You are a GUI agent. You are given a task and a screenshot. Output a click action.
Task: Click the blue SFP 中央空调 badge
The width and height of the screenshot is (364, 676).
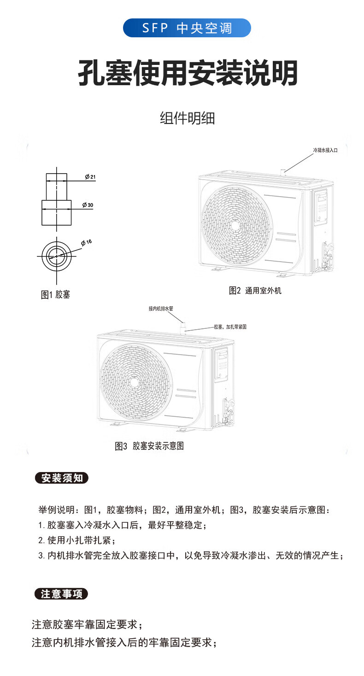(x=187, y=28)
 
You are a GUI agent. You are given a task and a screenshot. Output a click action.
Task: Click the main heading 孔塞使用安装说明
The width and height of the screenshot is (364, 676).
(x=187, y=73)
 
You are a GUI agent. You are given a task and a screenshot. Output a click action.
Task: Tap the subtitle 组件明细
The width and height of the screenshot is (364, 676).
(x=187, y=118)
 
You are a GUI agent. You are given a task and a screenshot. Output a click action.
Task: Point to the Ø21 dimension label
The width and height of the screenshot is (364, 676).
(x=90, y=177)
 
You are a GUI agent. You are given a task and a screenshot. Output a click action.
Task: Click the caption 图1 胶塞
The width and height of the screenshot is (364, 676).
(x=56, y=295)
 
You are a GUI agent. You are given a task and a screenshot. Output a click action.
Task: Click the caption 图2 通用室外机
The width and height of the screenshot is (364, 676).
(x=255, y=291)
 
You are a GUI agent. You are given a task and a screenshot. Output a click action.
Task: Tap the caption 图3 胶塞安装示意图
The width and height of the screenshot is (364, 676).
(x=149, y=446)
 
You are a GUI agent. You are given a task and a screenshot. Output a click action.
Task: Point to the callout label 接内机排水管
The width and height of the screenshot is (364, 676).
(x=160, y=309)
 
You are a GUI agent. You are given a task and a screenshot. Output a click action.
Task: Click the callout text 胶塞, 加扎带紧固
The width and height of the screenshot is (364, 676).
(x=230, y=326)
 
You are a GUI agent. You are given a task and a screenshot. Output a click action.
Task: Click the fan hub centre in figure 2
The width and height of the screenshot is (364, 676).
(x=235, y=225)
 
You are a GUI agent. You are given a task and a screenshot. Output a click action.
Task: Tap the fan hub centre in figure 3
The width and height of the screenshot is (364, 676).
(x=134, y=382)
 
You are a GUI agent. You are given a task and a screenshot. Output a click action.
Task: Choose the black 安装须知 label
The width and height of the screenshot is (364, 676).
(x=62, y=478)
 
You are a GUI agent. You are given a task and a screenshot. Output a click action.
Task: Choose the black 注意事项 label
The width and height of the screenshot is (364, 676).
(x=62, y=594)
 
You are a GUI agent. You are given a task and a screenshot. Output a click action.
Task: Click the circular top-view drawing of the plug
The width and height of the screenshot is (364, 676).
(x=57, y=255)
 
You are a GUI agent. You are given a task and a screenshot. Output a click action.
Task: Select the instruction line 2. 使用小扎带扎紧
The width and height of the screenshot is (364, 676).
(x=76, y=540)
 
